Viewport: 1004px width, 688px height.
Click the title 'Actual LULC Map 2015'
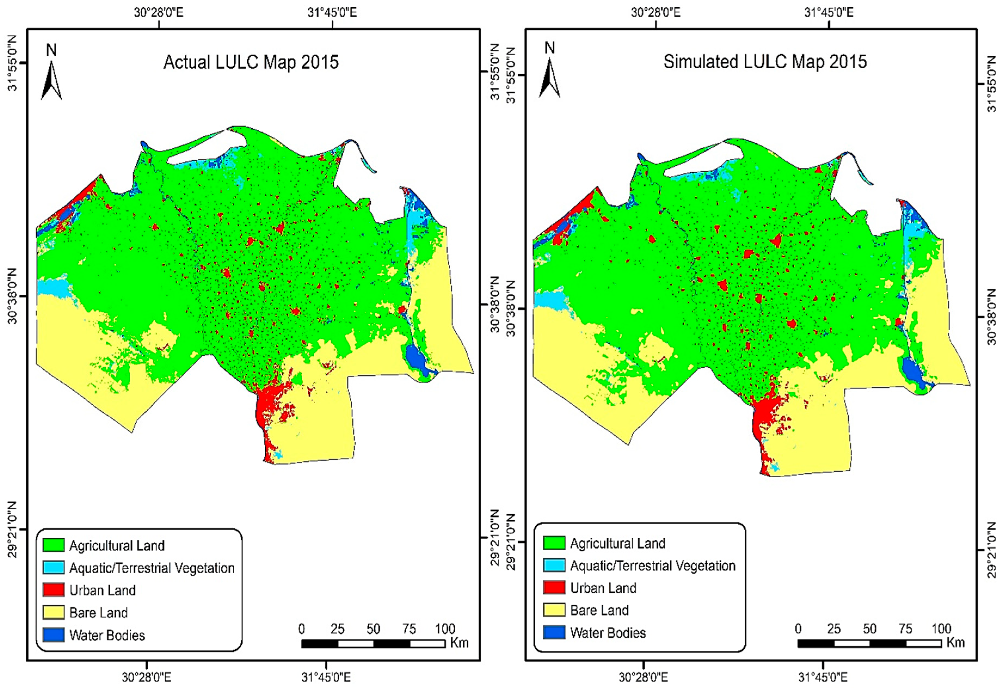[x=251, y=62]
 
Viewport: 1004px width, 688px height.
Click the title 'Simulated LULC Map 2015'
[x=765, y=62]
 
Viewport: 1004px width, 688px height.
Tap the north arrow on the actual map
[x=51, y=80]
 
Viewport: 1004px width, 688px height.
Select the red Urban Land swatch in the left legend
[x=54, y=590]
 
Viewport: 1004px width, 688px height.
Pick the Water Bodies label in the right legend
[x=607, y=633]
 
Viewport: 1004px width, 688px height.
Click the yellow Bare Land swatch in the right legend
[x=554, y=610]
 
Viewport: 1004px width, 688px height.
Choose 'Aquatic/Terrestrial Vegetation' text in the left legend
[x=152, y=568]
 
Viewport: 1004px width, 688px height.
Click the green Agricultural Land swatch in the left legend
[x=54, y=545]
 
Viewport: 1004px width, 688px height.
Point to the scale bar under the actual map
[x=373, y=644]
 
